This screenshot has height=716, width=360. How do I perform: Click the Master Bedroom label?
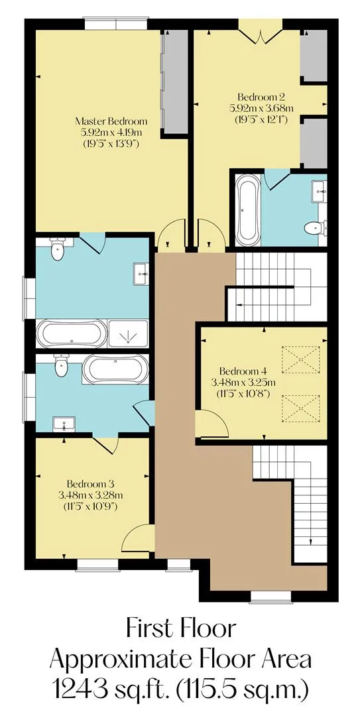pos(111,121)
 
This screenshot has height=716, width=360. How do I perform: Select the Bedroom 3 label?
pos(90,483)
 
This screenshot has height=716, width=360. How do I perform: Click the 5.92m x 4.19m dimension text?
pos(111,133)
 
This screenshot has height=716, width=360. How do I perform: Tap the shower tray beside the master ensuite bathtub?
pos(129,333)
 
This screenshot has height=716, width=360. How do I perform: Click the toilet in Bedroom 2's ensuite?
pos(316,227)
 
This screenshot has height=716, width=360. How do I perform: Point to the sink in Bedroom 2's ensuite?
pos(319,192)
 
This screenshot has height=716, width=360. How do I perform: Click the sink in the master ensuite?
pos(141,274)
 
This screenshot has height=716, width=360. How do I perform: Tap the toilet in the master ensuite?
pos(58,249)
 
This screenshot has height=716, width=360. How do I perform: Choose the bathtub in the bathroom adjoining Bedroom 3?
pos(115,370)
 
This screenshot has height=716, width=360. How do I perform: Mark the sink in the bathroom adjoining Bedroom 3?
pos(64,424)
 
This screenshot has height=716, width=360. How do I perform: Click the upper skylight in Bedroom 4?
pos(300,360)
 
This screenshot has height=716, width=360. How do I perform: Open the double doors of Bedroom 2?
pos(261,36)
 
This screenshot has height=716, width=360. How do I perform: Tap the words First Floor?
pos(182,628)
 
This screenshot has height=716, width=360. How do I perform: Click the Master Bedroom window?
pos(115,24)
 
